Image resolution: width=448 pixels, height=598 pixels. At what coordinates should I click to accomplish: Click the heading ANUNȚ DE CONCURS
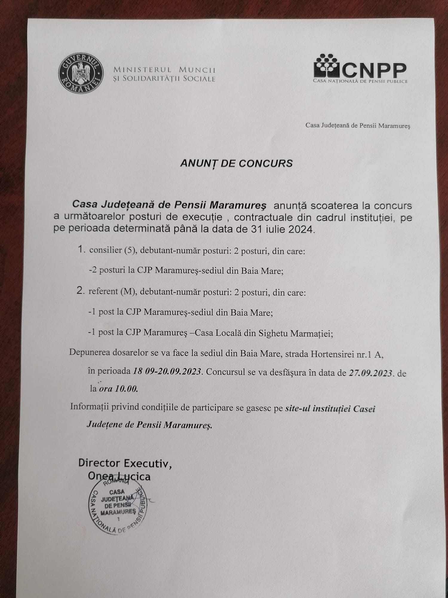[x=236, y=163]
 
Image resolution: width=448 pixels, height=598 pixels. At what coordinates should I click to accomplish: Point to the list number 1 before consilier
[x=81, y=250]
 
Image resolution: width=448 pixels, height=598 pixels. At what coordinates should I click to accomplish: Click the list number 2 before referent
[x=80, y=291]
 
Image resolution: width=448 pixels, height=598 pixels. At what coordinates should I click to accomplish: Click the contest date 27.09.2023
[x=370, y=373]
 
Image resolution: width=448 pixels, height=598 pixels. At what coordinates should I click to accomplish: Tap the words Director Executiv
[x=125, y=463]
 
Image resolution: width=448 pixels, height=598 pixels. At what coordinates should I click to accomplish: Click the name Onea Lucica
[x=119, y=476]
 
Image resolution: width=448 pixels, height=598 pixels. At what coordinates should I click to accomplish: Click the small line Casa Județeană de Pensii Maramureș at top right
[x=358, y=126]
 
